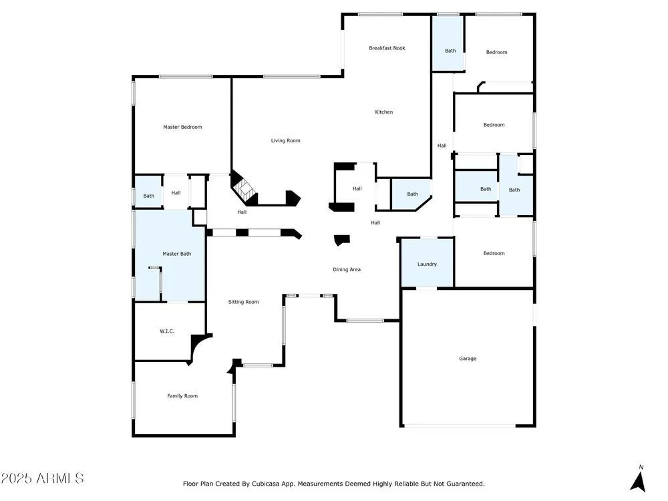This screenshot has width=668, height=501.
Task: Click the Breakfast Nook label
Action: point(387,48)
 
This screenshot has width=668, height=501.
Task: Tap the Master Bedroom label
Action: point(182,127)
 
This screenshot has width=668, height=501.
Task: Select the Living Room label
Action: point(285,140)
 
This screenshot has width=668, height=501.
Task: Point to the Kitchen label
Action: point(384,112)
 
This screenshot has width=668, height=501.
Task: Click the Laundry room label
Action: point(427,264)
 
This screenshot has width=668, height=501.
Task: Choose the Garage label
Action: point(468,359)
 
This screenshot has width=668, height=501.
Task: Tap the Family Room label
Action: point(182,395)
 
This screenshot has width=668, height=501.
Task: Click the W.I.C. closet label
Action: point(167,331)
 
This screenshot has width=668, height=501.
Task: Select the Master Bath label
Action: point(177,254)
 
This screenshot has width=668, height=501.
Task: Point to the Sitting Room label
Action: point(243,302)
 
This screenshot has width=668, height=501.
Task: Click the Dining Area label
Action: point(346,270)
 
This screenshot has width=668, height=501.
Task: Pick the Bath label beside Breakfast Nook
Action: point(450,51)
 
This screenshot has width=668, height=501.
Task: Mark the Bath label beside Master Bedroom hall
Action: point(149,196)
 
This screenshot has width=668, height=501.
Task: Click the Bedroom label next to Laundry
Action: point(494,253)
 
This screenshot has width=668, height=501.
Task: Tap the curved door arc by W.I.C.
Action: point(198,347)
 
